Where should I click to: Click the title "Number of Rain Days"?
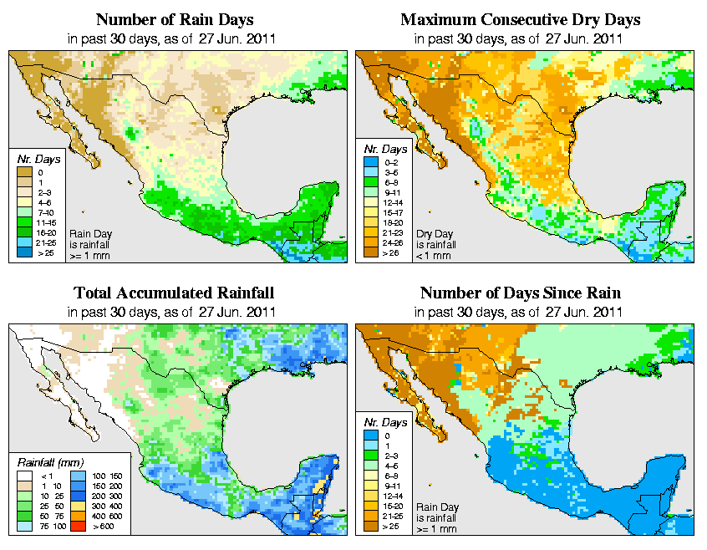point(174,19)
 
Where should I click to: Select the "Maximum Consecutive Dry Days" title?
point(521,19)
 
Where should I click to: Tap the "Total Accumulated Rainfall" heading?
point(174,293)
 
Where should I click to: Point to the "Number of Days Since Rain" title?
point(521,293)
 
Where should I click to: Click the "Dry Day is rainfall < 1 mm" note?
point(435,244)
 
